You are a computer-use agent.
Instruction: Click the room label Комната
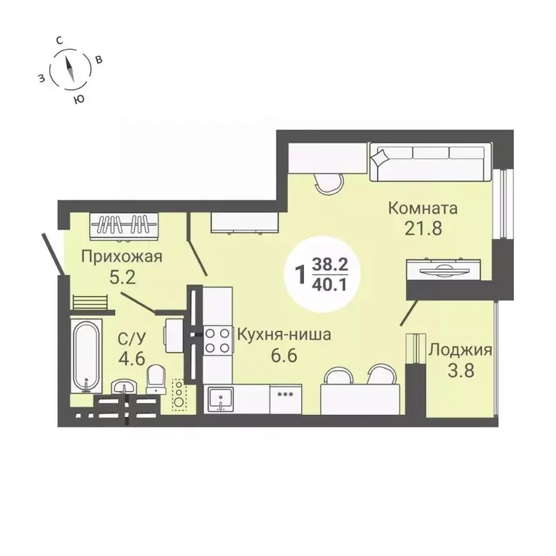tap(423, 208)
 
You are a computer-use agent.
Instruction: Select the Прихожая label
tap(121, 256)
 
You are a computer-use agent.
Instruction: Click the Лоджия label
tap(460, 351)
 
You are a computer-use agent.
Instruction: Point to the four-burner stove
tap(217, 340)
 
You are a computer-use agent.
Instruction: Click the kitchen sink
tap(219, 397)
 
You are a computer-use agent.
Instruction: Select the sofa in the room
tap(429, 162)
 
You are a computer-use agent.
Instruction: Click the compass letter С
tap(64, 41)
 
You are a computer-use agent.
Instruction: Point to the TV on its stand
tap(439, 267)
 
